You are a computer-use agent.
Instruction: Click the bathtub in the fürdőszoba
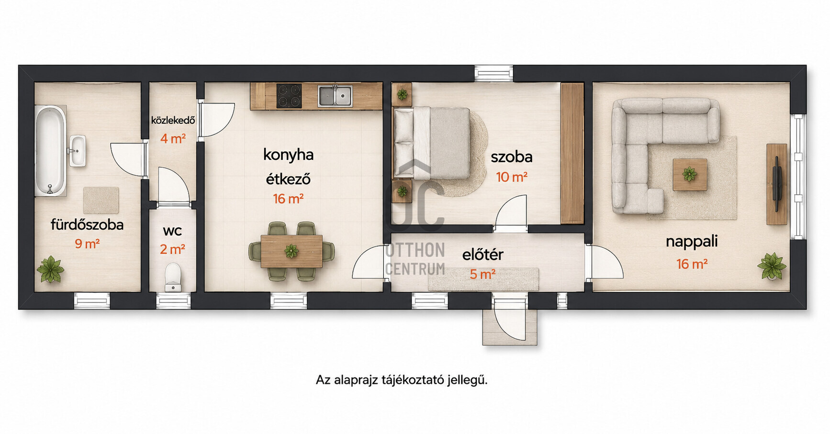tap(50, 150)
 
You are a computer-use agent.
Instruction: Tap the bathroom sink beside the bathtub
tap(78, 151)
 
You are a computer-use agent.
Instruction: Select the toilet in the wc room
tap(173, 278)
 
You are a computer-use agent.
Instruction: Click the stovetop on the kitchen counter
tap(289, 96)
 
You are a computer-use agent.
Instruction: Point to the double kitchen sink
tap(335, 96)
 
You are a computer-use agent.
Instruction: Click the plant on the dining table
tap(291, 251)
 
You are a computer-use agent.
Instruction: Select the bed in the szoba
tap(431, 143)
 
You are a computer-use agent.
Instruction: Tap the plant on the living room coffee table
tap(690, 174)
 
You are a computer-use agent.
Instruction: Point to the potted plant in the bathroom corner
tap(50, 269)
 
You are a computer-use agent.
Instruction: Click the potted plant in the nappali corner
tap(772, 266)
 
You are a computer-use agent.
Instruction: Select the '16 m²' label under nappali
tap(692, 264)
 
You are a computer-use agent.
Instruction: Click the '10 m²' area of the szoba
tap(512, 177)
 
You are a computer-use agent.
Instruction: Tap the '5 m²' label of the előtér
tap(482, 275)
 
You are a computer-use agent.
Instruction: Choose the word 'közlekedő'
tap(173, 120)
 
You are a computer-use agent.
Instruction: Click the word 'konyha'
tap(288, 155)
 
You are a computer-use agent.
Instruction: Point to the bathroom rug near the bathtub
tap(101, 200)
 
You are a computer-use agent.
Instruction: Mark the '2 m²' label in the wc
tap(172, 249)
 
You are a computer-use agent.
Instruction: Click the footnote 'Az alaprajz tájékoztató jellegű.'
tap(402, 380)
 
